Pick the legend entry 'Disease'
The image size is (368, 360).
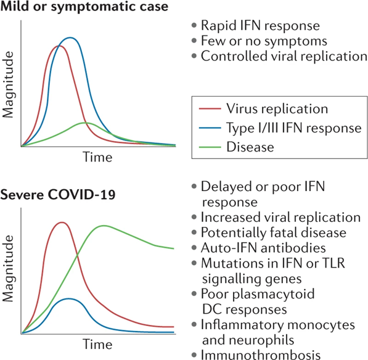(251, 147)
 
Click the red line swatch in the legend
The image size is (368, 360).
(211, 110)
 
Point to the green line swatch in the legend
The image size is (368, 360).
(211, 147)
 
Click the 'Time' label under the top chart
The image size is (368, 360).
(97, 158)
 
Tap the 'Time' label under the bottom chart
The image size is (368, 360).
(97, 343)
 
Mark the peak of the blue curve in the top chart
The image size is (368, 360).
(72, 38)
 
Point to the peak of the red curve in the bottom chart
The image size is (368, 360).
(60, 223)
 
